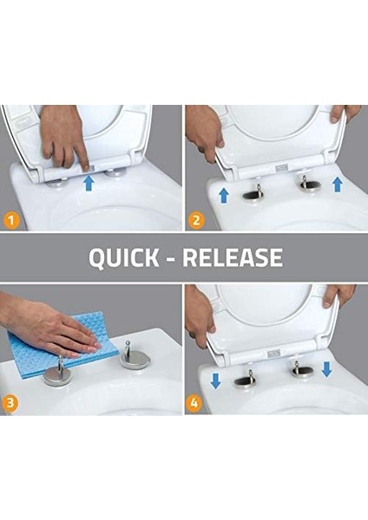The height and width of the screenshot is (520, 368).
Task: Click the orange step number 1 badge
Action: pos(12,220)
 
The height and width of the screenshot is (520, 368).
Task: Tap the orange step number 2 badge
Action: pos(197,220)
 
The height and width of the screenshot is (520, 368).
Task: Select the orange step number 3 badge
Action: pos(12,402)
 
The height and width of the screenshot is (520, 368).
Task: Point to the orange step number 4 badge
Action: pos(197,402)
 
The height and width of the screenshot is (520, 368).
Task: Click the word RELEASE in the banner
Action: pos(235,258)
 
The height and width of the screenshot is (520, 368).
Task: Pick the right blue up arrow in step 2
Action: pos(337,185)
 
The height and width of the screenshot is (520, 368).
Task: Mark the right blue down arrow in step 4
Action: pos(327,370)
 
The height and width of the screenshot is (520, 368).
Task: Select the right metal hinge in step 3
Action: pos(135,356)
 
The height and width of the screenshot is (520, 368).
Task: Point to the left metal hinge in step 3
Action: pos(59,375)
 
